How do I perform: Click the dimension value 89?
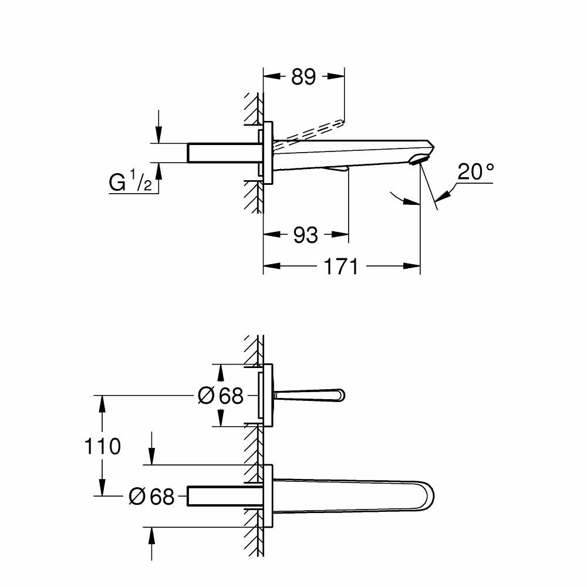click(x=303, y=76)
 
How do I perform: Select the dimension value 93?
click(x=305, y=235)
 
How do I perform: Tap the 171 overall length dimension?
click(x=341, y=267)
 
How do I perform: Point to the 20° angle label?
click(x=475, y=172)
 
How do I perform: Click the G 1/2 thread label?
click(x=130, y=184)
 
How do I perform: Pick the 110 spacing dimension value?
click(x=103, y=447)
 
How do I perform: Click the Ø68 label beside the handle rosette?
click(x=221, y=396)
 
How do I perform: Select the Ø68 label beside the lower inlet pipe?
click(x=151, y=497)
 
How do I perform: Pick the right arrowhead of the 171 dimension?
click(x=414, y=267)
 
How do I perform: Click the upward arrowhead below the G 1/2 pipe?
click(x=158, y=169)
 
